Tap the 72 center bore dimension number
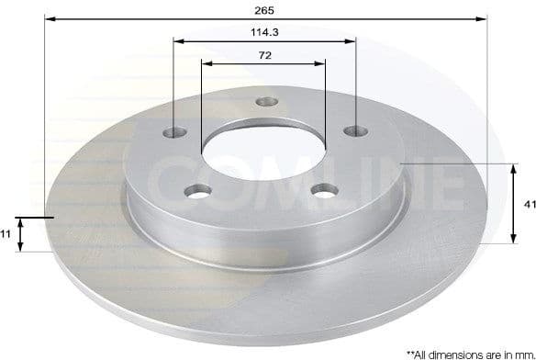coord(264,55)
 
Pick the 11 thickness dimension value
coord(7,234)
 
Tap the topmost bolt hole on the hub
coord(265,102)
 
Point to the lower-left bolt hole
coord(195,191)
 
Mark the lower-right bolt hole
coord(322,191)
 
